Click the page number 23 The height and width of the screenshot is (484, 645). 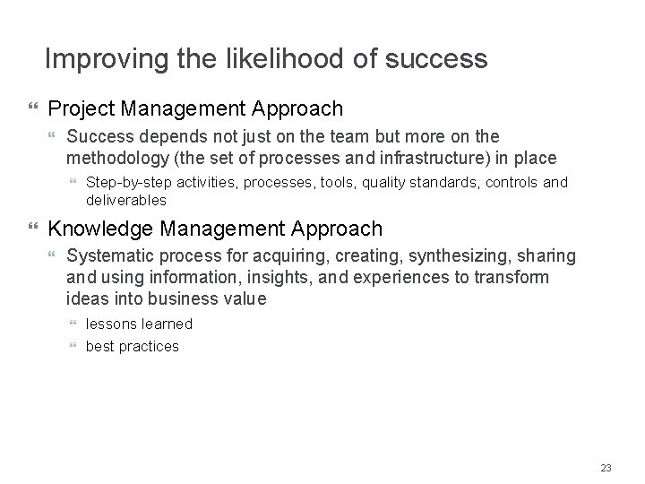606,467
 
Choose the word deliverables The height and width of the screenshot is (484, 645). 126,200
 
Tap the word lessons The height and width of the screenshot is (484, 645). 110,324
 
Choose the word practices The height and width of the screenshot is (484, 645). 148,346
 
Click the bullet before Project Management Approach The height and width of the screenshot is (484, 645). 35,109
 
